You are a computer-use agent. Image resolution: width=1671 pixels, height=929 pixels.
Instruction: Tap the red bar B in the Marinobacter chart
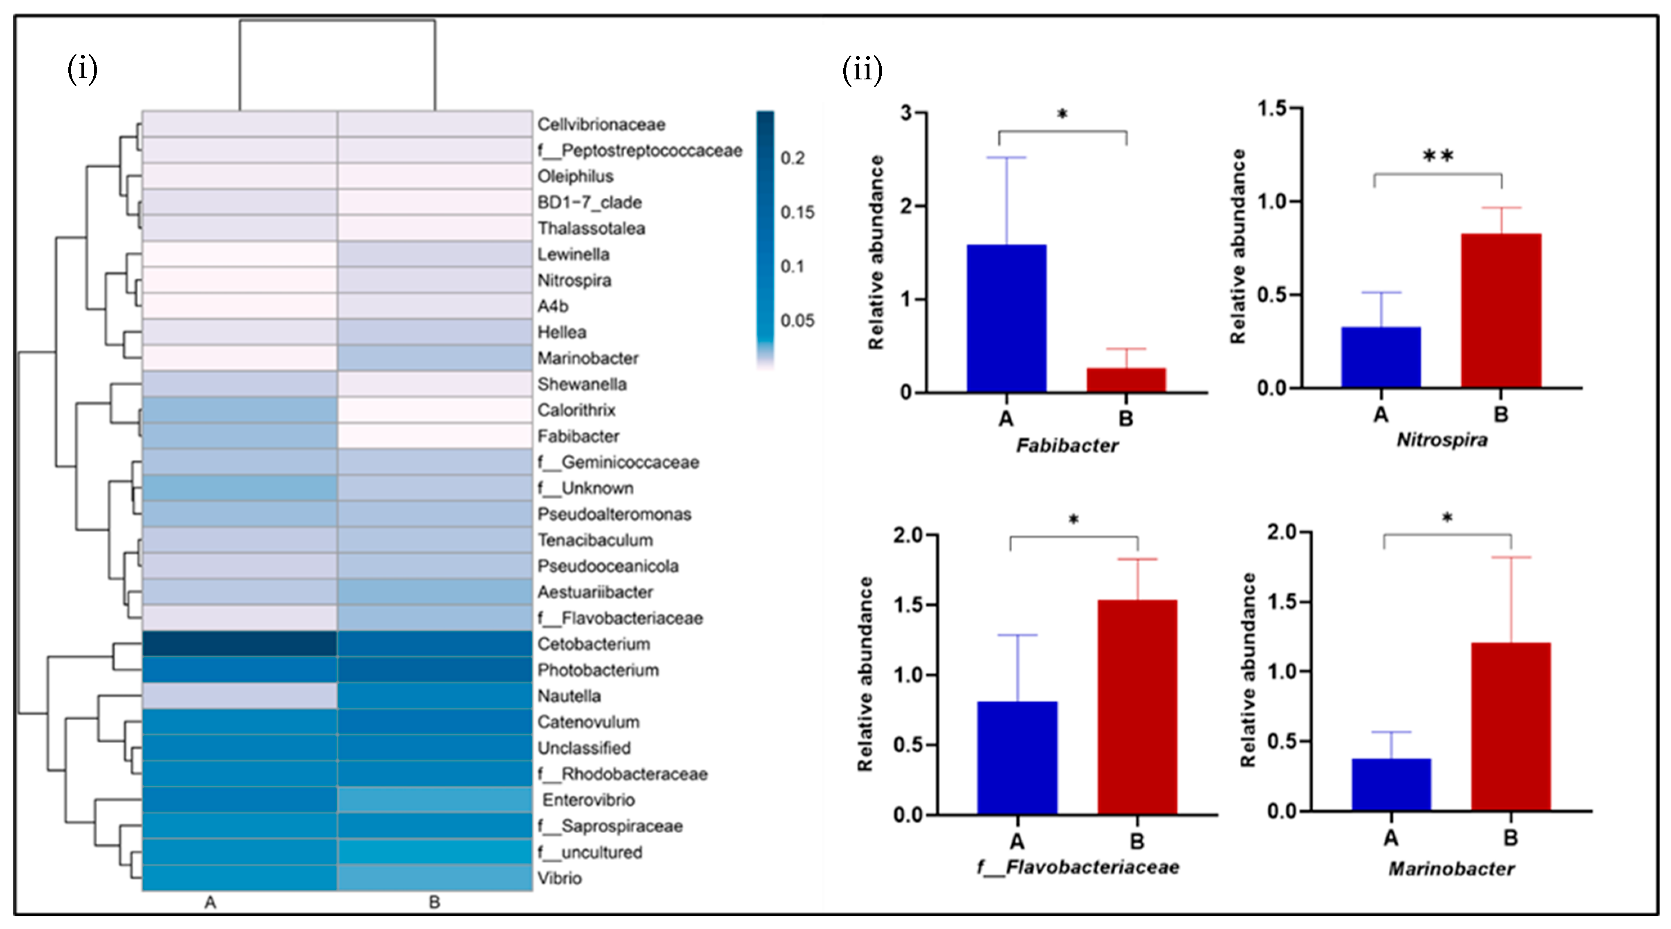tap(1511, 726)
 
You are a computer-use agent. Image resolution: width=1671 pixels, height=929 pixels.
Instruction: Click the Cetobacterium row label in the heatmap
tap(594, 644)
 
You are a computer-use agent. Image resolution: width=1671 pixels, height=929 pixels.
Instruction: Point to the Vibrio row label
tap(559, 878)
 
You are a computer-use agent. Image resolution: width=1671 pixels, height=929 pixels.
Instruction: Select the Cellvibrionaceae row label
tap(601, 124)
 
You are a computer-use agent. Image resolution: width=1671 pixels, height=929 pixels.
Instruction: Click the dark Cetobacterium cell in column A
tap(239, 644)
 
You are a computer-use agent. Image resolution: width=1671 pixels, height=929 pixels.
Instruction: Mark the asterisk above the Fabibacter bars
tap(1062, 115)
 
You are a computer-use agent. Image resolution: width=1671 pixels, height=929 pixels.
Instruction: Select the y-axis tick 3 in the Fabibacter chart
tap(905, 113)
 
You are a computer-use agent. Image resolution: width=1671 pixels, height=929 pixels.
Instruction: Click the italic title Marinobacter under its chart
tap(1451, 869)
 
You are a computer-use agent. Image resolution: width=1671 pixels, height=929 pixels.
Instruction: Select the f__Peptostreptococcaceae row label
tap(640, 151)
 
